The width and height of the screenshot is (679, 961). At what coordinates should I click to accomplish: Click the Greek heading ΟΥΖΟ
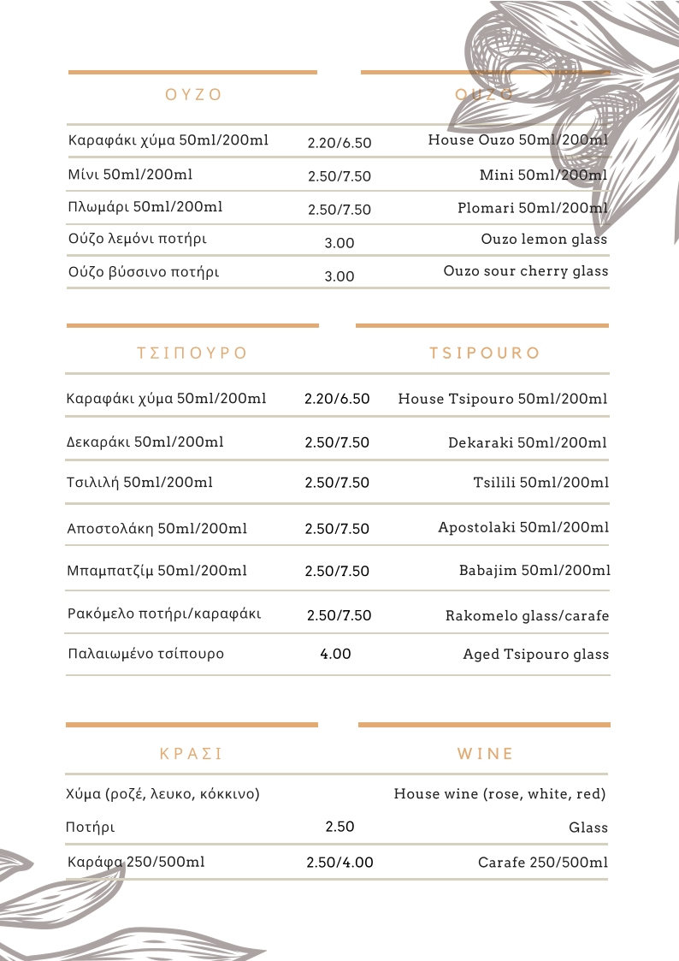pyautogui.click(x=193, y=95)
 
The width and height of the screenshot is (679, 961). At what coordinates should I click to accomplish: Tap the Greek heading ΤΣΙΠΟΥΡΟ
pyautogui.click(x=192, y=353)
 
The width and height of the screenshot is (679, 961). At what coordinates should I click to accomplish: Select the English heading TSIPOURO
pyautogui.click(x=485, y=353)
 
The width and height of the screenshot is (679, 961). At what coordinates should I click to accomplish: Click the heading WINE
pyautogui.click(x=486, y=754)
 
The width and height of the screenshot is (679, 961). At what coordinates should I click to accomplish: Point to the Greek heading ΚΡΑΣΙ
pyautogui.click(x=192, y=754)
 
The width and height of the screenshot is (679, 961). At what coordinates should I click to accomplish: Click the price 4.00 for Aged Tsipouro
pyautogui.click(x=335, y=654)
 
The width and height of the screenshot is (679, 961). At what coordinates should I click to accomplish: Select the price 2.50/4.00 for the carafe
pyautogui.click(x=339, y=863)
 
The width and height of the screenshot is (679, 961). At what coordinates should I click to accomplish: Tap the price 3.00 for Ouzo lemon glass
pyautogui.click(x=339, y=243)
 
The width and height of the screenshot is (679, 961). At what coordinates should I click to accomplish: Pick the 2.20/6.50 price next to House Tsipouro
pyautogui.click(x=337, y=399)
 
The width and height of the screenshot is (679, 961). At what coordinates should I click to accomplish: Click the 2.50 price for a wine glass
pyautogui.click(x=339, y=827)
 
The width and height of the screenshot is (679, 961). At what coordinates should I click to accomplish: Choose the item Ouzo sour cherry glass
pyautogui.click(x=525, y=271)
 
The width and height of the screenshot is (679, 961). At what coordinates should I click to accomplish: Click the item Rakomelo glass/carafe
pyautogui.click(x=527, y=616)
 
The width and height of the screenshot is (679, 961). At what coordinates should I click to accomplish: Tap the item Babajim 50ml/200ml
pyautogui.click(x=534, y=571)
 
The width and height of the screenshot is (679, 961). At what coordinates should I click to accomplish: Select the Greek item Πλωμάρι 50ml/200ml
pyautogui.click(x=145, y=207)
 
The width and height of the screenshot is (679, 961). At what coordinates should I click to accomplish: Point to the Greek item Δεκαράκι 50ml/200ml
pyautogui.click(x=145, y=442)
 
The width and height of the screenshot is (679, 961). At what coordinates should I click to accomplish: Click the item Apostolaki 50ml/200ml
pyautogui.click(x=523, y=527)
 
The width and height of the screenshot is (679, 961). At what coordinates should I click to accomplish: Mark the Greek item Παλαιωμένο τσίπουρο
pyautogui.click(x=145, y=654)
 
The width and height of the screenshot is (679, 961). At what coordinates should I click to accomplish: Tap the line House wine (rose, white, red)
pyautogui.click(x=499, y=794)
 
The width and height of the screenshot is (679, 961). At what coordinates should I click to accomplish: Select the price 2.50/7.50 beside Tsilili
pyautogui.click(x=337, y=483)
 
